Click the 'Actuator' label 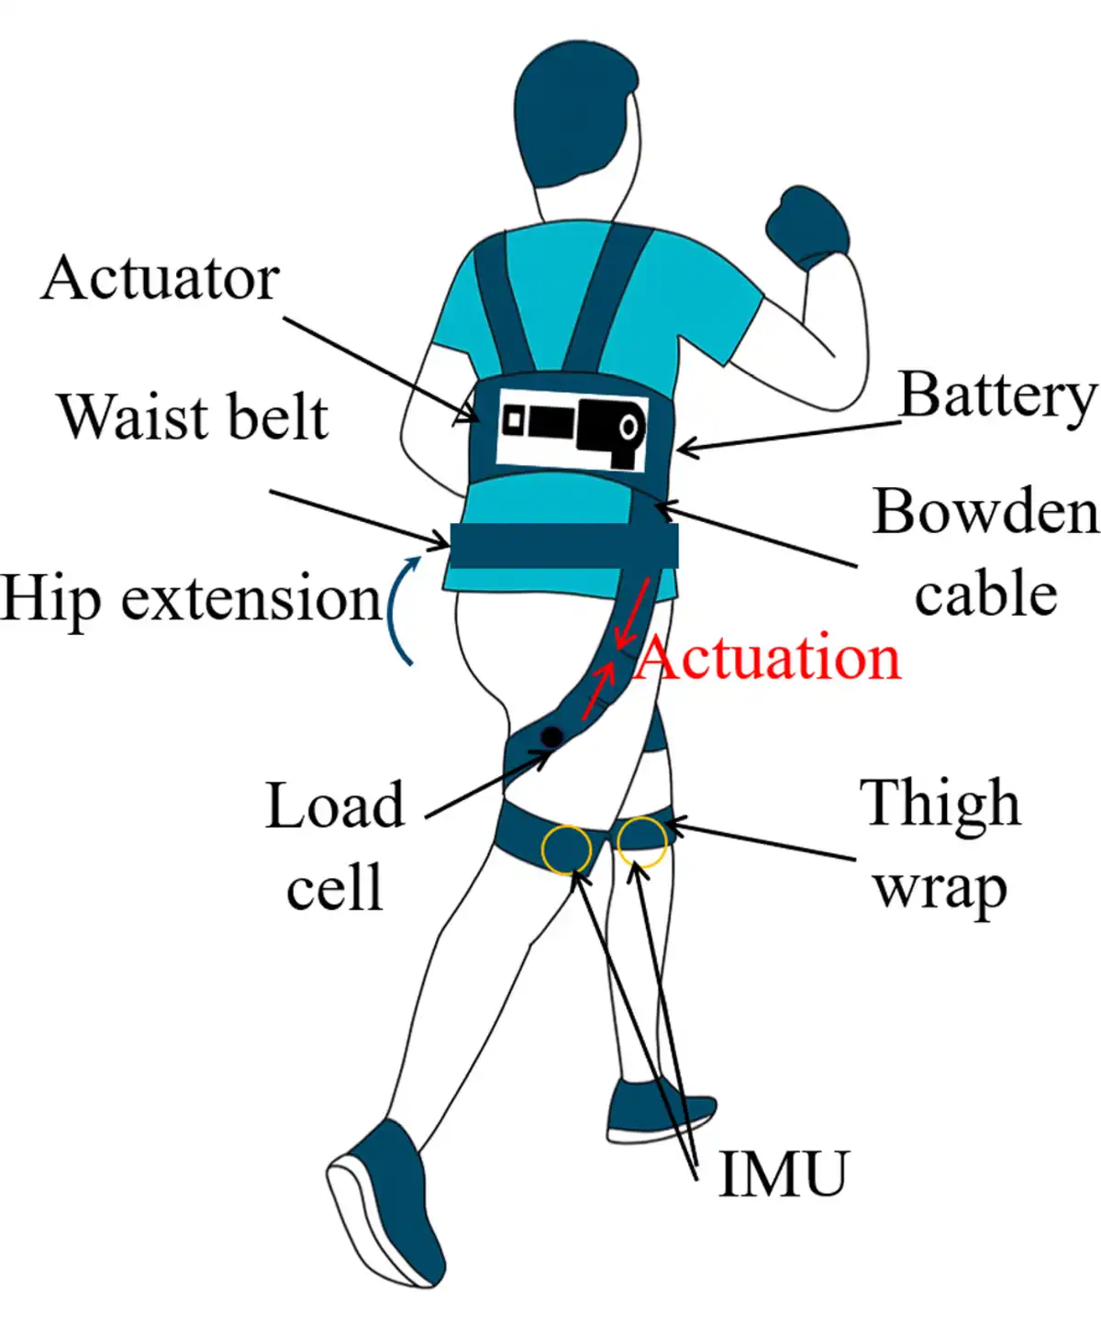click(x=161, y=279)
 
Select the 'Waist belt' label click(x=194, y=417)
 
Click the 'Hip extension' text click(x=191, y=599)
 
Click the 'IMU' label click(x=783, y=1173)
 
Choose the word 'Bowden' click(x=986, y=511)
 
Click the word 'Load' click(x=334, y=806)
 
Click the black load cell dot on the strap click(x=550, y=737)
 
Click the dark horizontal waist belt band click(x=564, y=545)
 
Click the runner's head click(x=574, y=114)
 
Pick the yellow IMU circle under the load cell click(x=566, y=850)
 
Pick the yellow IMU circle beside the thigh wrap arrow click(x=641, y=842)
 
